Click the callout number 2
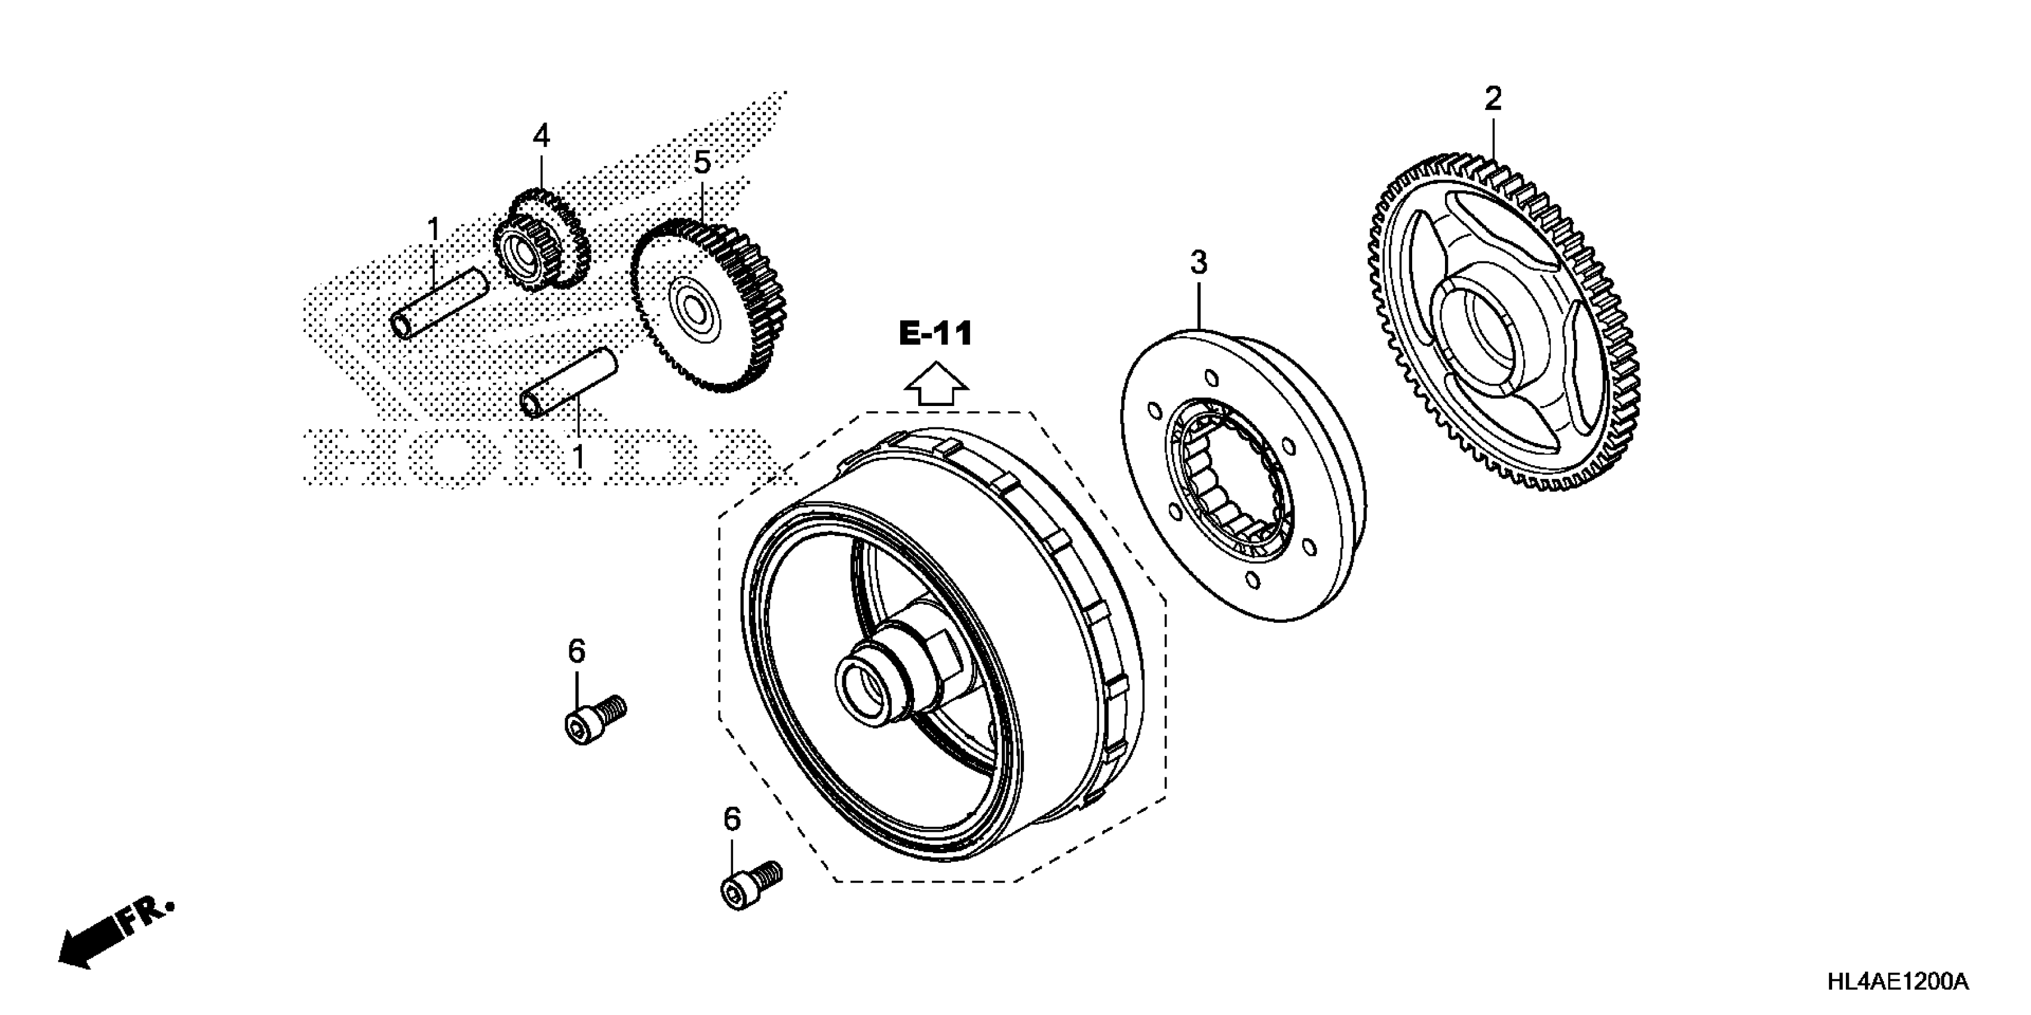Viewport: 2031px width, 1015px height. pos(1493,99)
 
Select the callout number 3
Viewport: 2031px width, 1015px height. pos(1198,263)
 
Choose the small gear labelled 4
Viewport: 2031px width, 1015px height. pos(541,244)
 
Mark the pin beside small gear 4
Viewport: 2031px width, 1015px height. pos(439,303)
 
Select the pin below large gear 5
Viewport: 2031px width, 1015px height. pos(569,382)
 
